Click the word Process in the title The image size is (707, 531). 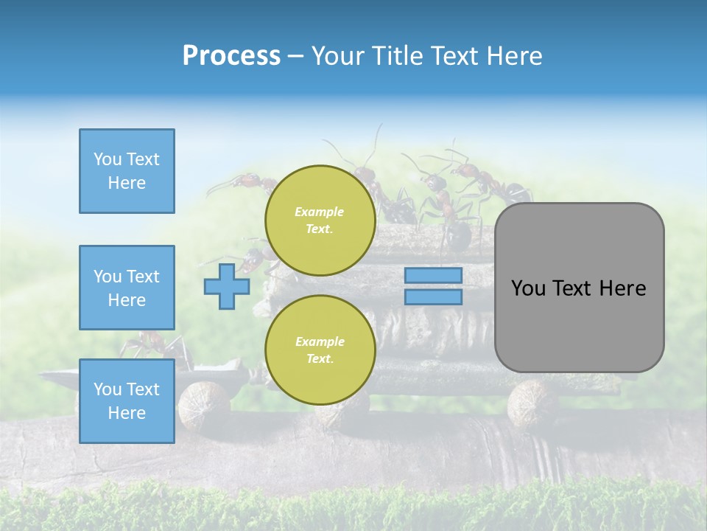[231, 56]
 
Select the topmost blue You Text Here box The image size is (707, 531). [127, 171]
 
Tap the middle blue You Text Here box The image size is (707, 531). [127, 288]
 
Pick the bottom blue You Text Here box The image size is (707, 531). [127, 400]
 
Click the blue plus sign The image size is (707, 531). [227, 286]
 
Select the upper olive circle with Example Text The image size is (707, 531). [320, 221]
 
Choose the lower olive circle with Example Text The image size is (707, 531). [320, 350]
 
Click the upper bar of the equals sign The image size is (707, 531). [433, 276]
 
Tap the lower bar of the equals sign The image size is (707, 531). [433, 297]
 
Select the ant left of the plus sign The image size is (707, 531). [250, 258]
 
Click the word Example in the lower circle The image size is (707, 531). [320, 341]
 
